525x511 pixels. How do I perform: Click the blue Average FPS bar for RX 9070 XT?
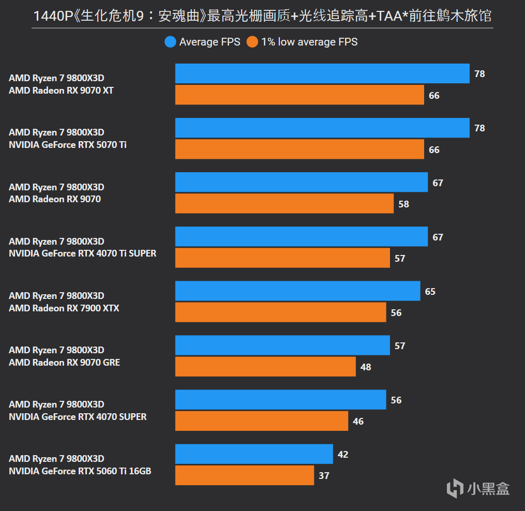point(322,73)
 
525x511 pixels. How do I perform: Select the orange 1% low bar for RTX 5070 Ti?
point(299,149)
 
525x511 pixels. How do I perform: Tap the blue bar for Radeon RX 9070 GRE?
point(282,345)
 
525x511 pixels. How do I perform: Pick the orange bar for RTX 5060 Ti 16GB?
point(245,475)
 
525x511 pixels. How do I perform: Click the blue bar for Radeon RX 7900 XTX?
point(297,291)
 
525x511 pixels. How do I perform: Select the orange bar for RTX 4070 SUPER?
point(262,421)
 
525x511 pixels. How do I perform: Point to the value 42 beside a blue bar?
point(342,454)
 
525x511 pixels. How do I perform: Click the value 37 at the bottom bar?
point(324,475)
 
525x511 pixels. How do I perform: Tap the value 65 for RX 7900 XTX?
point(430,291)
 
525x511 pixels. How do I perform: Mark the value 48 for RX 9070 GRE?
point(366,367)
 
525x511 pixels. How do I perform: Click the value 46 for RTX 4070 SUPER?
point(358,421)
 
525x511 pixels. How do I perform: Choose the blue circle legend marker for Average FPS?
point(170,42)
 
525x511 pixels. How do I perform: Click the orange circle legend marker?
point(252,42)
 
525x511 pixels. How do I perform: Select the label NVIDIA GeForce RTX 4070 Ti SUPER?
point(82,253)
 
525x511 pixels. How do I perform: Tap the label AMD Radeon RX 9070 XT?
point(61,91)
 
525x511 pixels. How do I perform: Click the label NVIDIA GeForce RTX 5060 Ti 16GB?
point(80,471)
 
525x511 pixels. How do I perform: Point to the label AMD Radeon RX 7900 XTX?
point(64,308)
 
